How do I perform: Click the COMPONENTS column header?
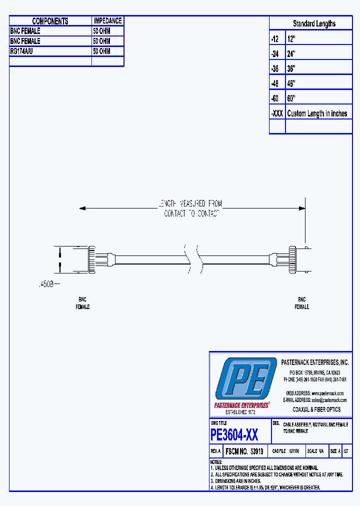coord(50,21)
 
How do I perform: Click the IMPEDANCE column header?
coord(107,21)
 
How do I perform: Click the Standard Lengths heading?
coord(314,23)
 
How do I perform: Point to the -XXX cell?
coord(277,113)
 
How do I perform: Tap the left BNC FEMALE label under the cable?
coord(82,303)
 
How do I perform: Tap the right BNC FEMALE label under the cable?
coord(301,303)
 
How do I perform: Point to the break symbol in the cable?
coord(193,257)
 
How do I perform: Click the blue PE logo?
coord(246,379)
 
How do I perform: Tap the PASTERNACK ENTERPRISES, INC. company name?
coord(315,362)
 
